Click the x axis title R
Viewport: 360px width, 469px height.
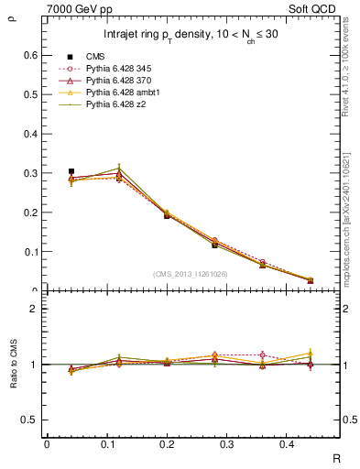click(x=335, y=457)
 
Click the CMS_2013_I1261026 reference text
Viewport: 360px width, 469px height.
click(x=190, y=275)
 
